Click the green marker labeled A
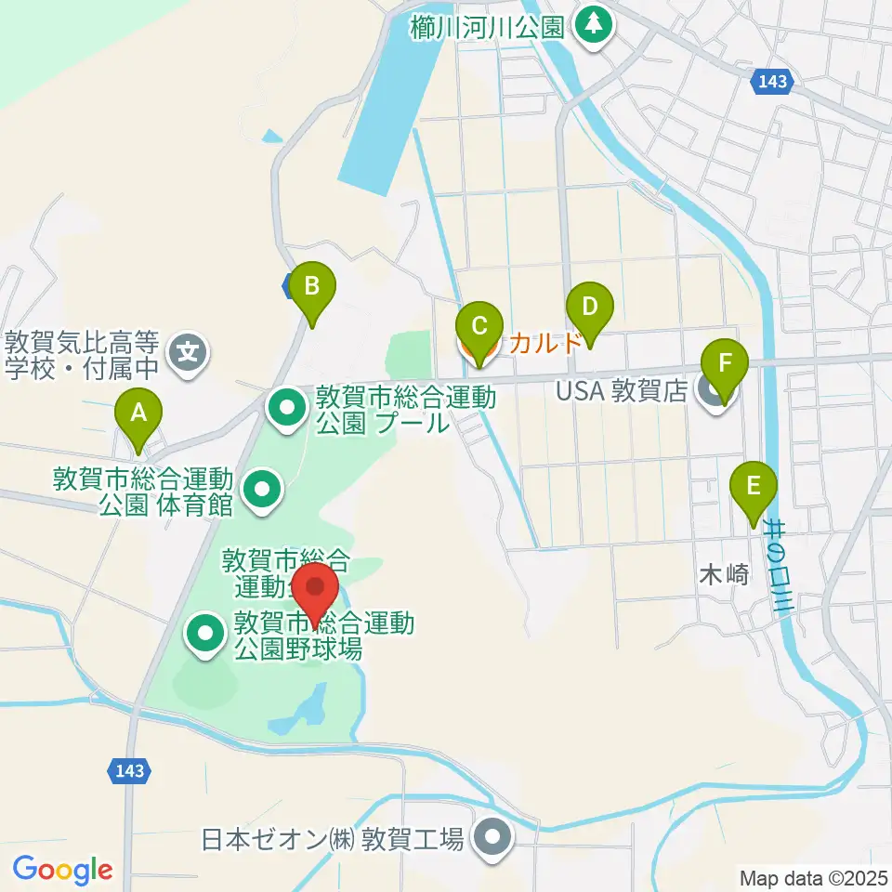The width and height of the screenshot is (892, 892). pyautogui.click(x=138, y=413)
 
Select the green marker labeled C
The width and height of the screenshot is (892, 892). pyautogui.click(x=479, y=326)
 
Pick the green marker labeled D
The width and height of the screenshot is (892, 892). pyautogui.click(x=588, y=307)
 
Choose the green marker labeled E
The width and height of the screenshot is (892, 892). pyautogui.click(x=754, y=486)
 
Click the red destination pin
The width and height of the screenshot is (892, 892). pyautogui.click(x=315, y=588)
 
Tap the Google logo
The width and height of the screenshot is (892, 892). pyautogui.click(x=62, y=869)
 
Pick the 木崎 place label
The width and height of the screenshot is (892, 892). pyautogui.click(x=722, y=575)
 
